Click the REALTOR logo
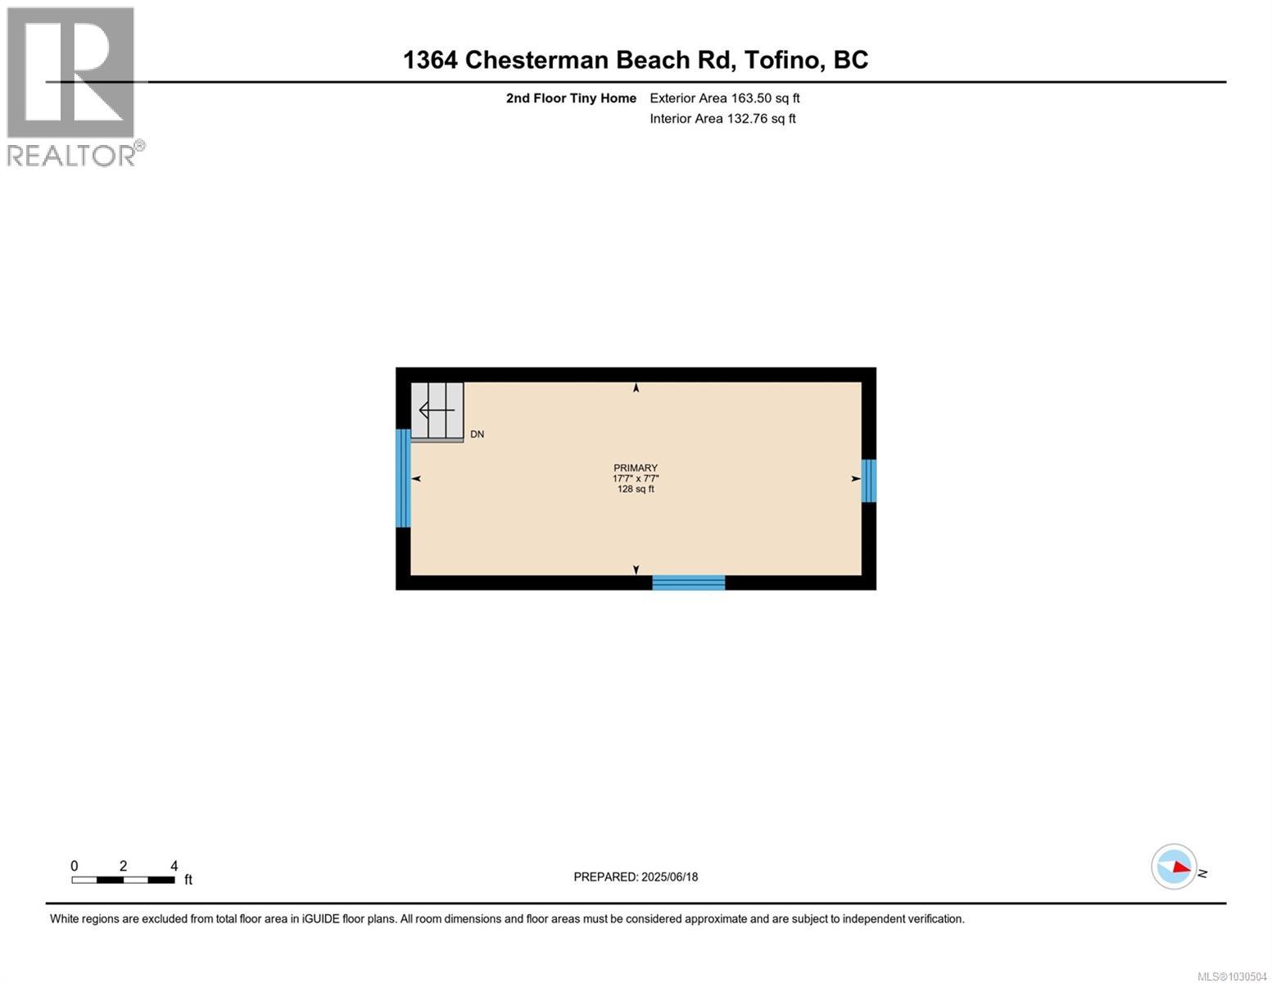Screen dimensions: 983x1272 tap(72, 86)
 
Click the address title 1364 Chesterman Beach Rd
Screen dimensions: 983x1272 tap(636, 60)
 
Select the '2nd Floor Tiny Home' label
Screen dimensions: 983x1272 tap(571, 98)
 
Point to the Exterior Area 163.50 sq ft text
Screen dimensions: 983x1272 tap(724, 98)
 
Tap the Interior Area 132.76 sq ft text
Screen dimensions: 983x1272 tap(722, 119)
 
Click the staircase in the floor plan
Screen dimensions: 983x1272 tap(437, 410)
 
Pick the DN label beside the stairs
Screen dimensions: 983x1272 tap(477, 434)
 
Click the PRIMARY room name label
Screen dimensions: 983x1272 tap(636, 469)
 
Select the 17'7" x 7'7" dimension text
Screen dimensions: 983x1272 tap(636, 478)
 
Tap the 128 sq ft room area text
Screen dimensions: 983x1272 tap(636, 489)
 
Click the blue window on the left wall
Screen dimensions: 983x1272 tap(402, 478)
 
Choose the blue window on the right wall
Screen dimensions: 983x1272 tap(869, 480)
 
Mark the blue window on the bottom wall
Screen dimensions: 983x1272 tap(688, 582)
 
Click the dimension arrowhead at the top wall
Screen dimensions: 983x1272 tap(636, 388)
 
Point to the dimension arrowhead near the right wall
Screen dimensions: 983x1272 tap(856, 478)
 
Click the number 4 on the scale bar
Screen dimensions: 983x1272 tap(174, 866)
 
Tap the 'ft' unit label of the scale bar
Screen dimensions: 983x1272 tap(188, 880)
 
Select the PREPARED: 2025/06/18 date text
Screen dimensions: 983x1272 tap(636, 877)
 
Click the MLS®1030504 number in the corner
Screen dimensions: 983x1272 tap(1231, 976)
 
